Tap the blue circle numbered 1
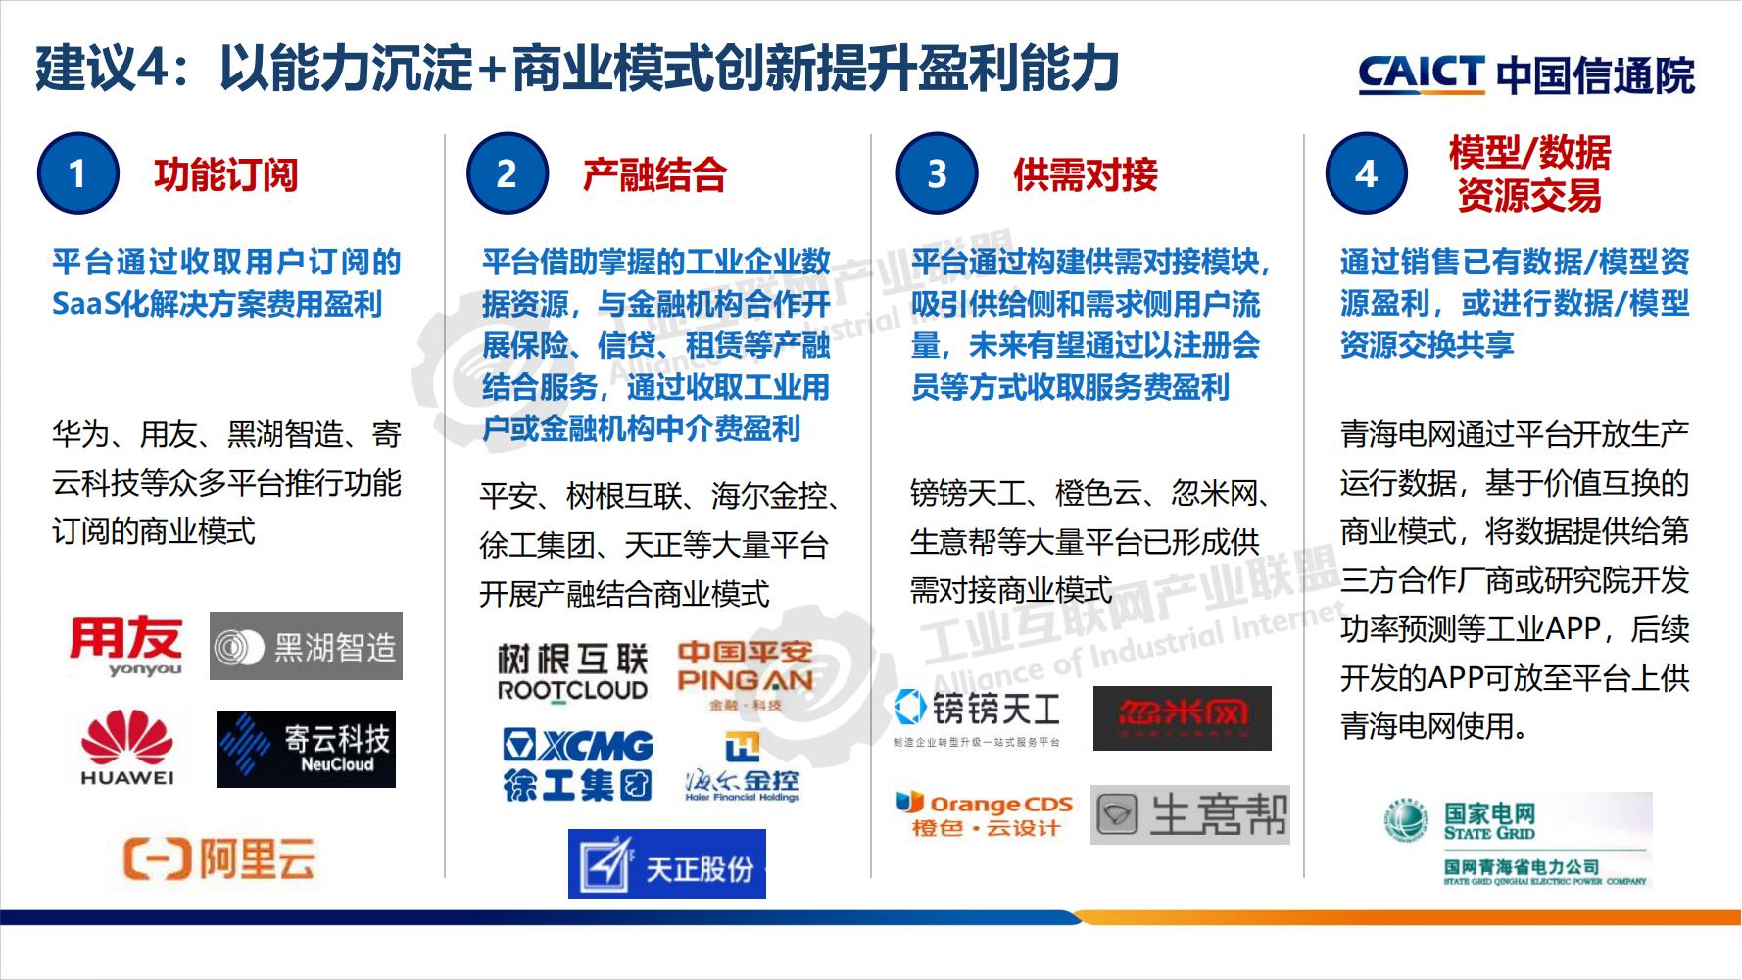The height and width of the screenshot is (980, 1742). (x=77, y=174)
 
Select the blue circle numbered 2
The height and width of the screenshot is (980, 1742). (x=506, y=174)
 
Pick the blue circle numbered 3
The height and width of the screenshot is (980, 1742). (x=937, y=174)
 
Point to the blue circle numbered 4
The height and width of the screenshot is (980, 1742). (x=1366, y=174)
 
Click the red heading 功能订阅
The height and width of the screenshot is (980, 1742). (x=225, y=175)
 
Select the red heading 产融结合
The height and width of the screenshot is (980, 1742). (x=654, y=175)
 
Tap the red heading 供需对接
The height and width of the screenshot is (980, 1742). (x=1086, y=175)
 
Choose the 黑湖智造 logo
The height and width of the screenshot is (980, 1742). (x=306, y=647)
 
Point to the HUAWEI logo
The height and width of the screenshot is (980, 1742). (x=127, y=750)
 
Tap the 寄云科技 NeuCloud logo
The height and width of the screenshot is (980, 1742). (x=306, y=750)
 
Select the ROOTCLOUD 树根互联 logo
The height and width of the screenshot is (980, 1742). (x=572, y=672)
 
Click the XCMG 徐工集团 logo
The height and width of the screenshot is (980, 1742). (x=578, y=765)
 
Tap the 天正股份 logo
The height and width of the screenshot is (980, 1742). (x=667, y=864)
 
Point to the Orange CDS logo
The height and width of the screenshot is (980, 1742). (x=985, y=814)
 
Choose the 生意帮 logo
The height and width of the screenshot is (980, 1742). (x=1189, y=814)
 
